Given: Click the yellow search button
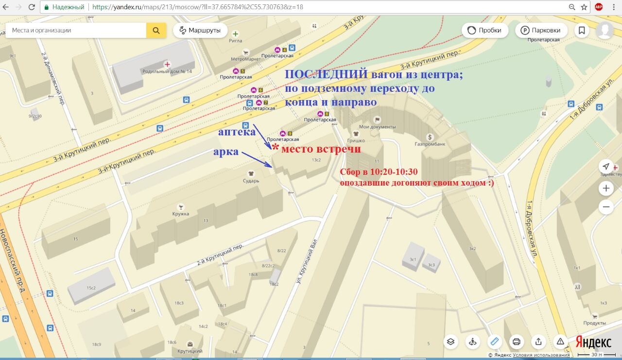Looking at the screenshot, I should point(156,30).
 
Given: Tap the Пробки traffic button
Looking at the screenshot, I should point(484,30).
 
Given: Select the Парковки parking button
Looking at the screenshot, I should point(541,30).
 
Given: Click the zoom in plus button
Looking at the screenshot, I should point(606,188).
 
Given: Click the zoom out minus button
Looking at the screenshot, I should point(606,207).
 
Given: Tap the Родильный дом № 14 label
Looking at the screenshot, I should point(167,71).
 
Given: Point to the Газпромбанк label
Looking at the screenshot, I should point(430,144).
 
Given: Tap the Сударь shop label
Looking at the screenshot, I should point(251,180).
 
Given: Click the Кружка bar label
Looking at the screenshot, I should point(180,213).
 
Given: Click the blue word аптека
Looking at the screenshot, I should point(237,132).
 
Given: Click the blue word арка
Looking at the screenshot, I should point(226,152).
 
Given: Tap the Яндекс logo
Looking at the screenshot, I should point(593,342).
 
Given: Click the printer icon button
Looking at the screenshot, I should point(517,341).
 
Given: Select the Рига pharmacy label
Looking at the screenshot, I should point(236,41).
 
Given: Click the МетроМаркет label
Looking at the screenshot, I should point(245,59).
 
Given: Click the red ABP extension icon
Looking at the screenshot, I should point(599,7).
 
